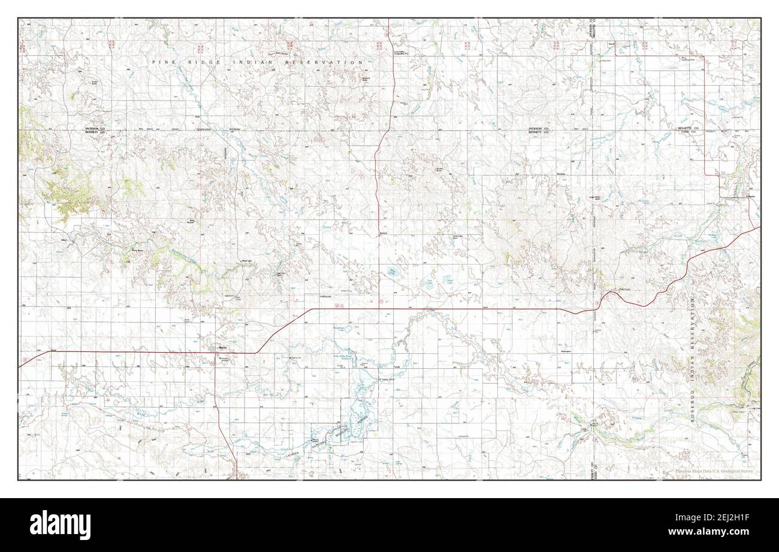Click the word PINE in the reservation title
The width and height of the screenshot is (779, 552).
coord(162,62)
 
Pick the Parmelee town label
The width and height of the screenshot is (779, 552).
coord(736,196)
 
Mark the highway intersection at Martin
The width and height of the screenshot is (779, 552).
coord(215,353)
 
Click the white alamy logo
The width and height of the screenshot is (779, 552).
coord(53,525)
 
